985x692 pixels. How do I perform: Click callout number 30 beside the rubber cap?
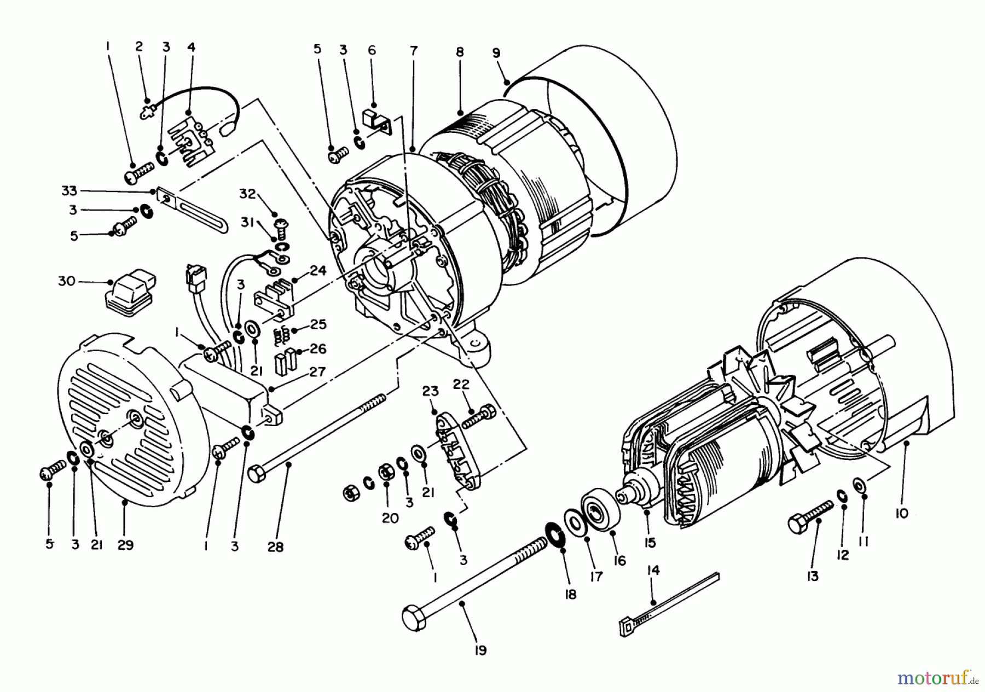pyautogui.click(x=66, y=282)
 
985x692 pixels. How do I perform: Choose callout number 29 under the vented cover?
pyautogui.click(x=125, y=545)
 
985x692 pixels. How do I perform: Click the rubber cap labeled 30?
pyautogui.click(x=129, y=295)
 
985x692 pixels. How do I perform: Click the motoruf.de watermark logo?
pyautogui.click(x=936, y=678)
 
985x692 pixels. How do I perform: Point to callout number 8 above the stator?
pyautogui.click(x=460, y=53)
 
